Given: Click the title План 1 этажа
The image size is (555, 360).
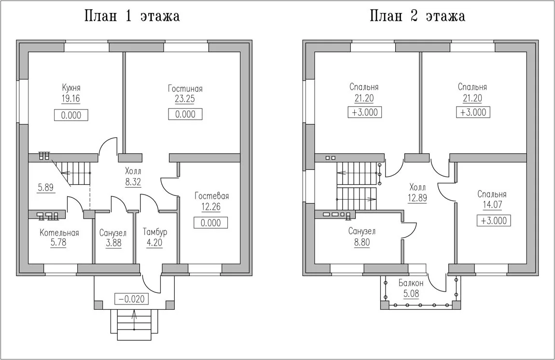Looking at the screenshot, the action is click(132, 16).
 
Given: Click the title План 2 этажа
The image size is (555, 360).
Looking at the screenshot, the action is click(417, 16).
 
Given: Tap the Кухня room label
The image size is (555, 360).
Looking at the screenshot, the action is click(71, 87).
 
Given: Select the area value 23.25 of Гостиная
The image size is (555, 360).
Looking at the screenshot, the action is click(185, 99).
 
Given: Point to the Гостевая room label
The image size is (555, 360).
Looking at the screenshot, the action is click(212, 196).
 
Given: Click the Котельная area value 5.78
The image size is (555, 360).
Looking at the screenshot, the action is click(58, 243).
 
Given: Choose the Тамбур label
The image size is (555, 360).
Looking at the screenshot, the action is click(155, 232).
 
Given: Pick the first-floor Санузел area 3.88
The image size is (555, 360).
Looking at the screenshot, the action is click(113, 243).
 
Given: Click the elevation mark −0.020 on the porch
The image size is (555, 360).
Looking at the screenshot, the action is click(131, 299).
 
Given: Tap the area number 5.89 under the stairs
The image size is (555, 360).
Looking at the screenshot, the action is click(46, 188).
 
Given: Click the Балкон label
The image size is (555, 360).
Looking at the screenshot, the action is click(411, 283).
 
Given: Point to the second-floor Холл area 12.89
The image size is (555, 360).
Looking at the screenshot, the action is click(417, 198).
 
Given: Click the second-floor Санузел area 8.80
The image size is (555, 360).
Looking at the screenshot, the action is click(362, 242).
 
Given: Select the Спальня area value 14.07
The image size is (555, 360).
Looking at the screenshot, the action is click(492, 205).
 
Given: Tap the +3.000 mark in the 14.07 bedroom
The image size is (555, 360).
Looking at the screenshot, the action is click(494, 221).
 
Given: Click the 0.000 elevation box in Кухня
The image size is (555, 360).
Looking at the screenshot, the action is click(71, 115).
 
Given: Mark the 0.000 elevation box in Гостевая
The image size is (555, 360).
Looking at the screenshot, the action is click(210, 222).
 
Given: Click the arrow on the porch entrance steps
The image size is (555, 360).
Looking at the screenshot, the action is click(135, 319).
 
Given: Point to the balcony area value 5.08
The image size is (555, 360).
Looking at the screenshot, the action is click(411, 293).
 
